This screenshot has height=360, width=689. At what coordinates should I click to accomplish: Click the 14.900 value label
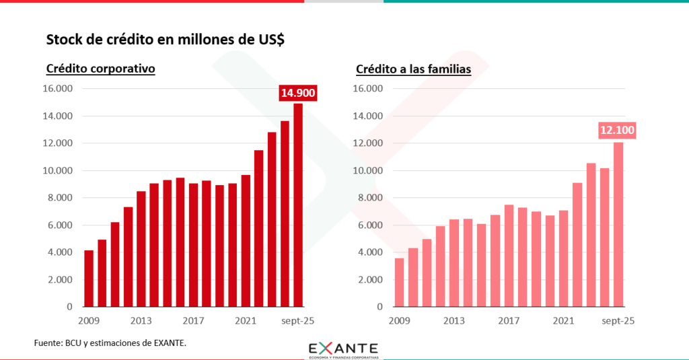297,94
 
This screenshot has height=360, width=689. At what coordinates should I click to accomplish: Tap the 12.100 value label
617,131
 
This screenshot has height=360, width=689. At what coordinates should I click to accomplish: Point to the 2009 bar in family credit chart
399,282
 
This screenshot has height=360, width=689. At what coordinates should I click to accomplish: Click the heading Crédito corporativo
100,69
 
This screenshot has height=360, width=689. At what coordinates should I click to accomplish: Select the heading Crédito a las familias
412,69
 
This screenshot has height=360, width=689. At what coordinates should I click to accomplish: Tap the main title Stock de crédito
165,40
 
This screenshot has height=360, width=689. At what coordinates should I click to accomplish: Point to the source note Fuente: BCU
110,343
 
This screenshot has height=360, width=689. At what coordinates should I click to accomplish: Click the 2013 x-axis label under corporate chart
141,320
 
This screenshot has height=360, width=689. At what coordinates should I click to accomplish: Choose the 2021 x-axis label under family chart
563,320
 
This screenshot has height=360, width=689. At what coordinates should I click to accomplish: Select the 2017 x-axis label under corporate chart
193,320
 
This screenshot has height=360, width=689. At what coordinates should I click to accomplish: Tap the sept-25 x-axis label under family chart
618,320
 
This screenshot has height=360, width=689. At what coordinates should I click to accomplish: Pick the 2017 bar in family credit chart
509,256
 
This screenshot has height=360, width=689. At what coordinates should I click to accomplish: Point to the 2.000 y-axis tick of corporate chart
60,279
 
